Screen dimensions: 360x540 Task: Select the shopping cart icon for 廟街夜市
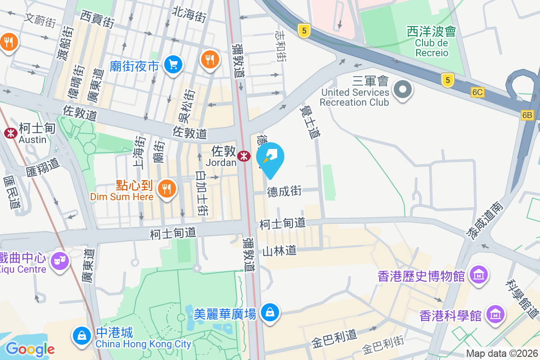click(x=173, y=65)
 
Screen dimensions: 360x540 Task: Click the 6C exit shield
click(x=477, y=92)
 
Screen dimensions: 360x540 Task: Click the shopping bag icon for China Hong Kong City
click(x=81, y=336)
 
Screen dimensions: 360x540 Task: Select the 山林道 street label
click(x=279, y=251)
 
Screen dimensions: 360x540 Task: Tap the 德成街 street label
click(x=284, y=191)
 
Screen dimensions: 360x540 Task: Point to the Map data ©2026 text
click(x=502, y=354)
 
